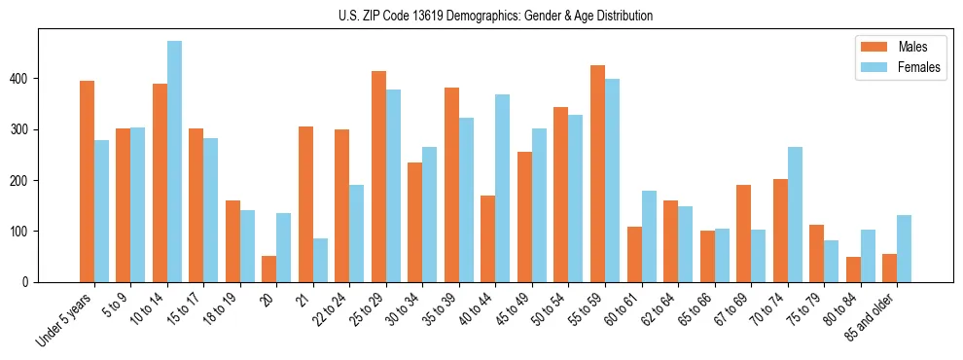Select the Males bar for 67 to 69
[x=743, y=234]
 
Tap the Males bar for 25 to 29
[x=378, y=176]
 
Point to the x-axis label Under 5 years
[x=66, y=320]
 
